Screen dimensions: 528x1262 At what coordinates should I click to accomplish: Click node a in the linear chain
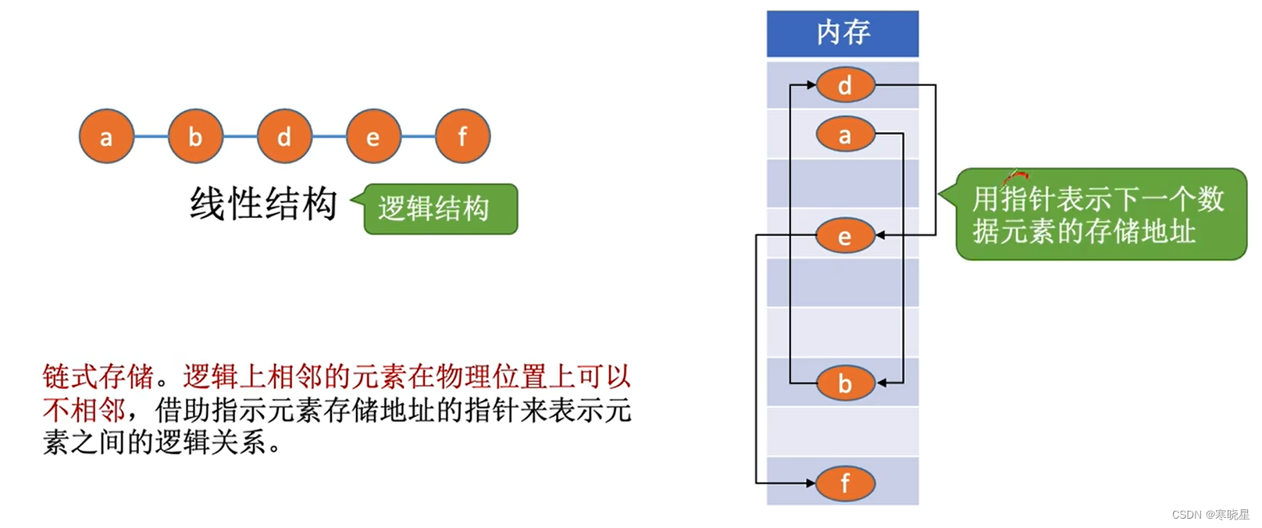click(106, 137)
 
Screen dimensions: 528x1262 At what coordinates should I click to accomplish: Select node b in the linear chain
click(195, 137)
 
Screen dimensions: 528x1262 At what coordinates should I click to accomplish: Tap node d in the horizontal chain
click(284, 137)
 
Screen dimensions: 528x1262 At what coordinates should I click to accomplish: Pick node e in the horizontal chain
click(373, 137)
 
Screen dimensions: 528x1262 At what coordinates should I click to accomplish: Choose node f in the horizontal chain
click(462, 137)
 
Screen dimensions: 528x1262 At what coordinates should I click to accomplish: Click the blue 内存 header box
click(842, 34)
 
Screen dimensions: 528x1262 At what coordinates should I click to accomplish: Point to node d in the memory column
click(845, 85)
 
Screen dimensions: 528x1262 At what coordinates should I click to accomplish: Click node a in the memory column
click(845, 135)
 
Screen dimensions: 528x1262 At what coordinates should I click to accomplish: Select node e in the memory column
click(844, 236)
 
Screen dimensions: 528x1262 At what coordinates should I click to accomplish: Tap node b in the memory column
click(845, 384)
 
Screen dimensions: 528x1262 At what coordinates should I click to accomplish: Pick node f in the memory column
click(845, 483)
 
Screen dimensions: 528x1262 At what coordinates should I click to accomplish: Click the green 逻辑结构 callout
click(440, 209)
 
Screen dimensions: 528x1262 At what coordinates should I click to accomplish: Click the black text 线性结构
click(263, 204)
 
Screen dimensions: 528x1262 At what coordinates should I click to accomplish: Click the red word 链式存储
click(98, 377)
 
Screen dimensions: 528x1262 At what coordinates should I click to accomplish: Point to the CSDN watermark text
click(1210, 515)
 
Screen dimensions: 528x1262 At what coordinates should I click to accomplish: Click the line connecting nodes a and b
click(151, 137)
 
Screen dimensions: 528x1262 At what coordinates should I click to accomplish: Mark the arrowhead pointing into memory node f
click(811, 483)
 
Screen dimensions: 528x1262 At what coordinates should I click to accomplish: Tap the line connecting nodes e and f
click(418, 137)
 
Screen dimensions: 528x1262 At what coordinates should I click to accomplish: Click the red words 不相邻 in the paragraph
click(84, 410)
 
